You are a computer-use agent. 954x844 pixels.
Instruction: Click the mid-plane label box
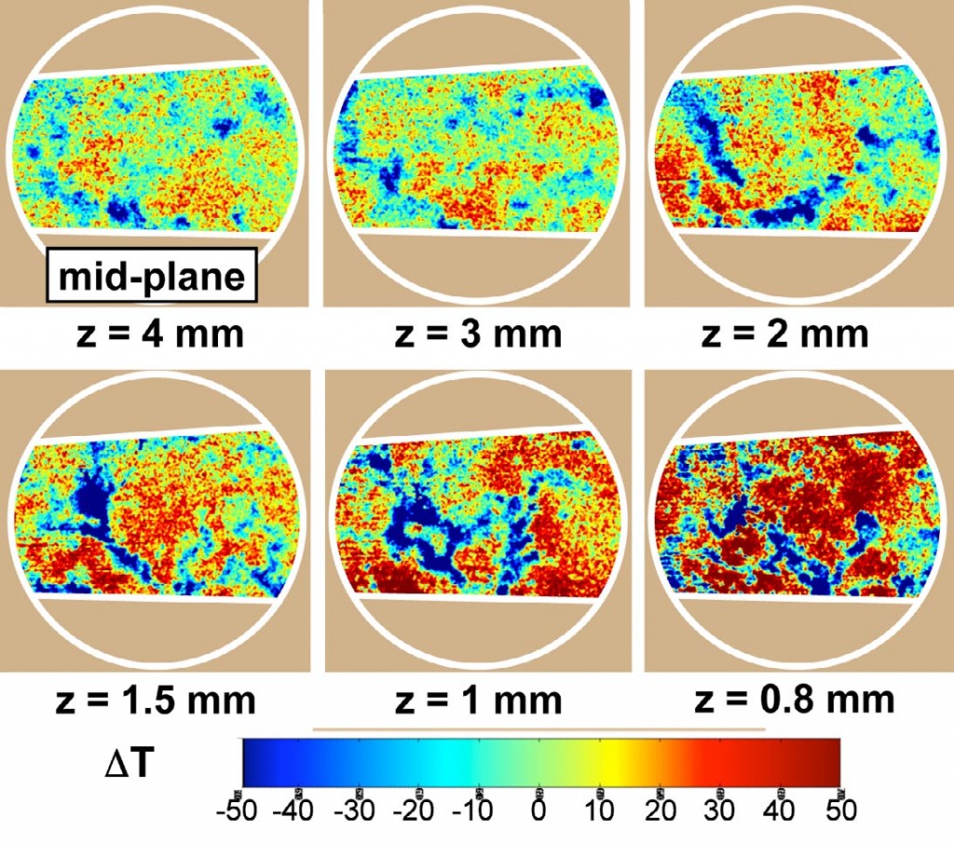click(x=151, y=277)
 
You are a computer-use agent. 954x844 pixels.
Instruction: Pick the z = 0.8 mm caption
click(x=795, y=700)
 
